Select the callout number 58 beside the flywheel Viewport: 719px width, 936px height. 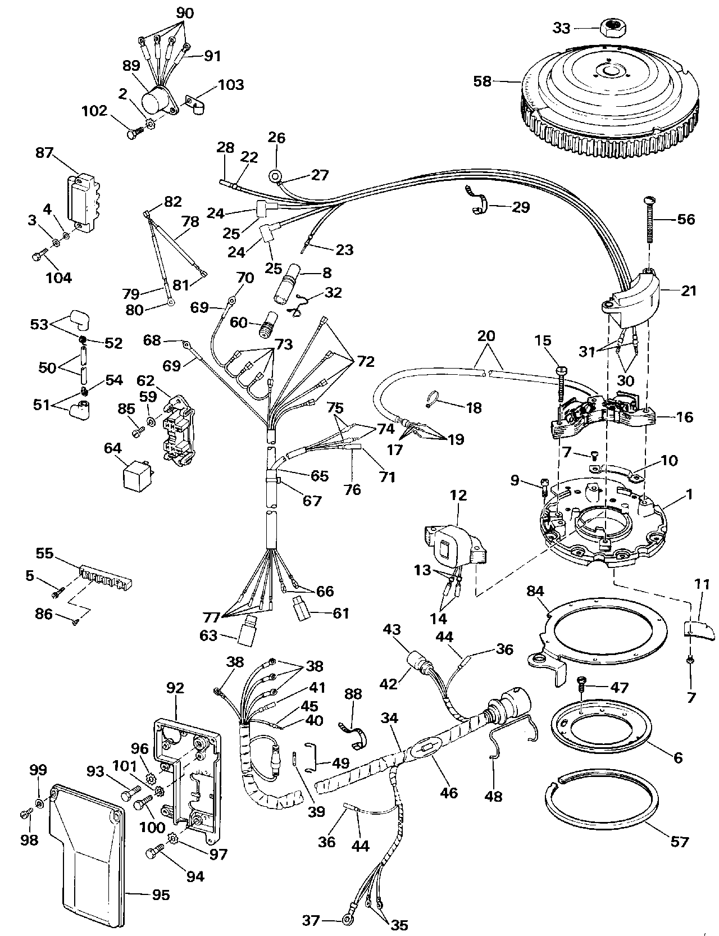pos(482,81)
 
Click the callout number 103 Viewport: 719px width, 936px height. pos(230,85)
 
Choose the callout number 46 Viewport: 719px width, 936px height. pos(449,792)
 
